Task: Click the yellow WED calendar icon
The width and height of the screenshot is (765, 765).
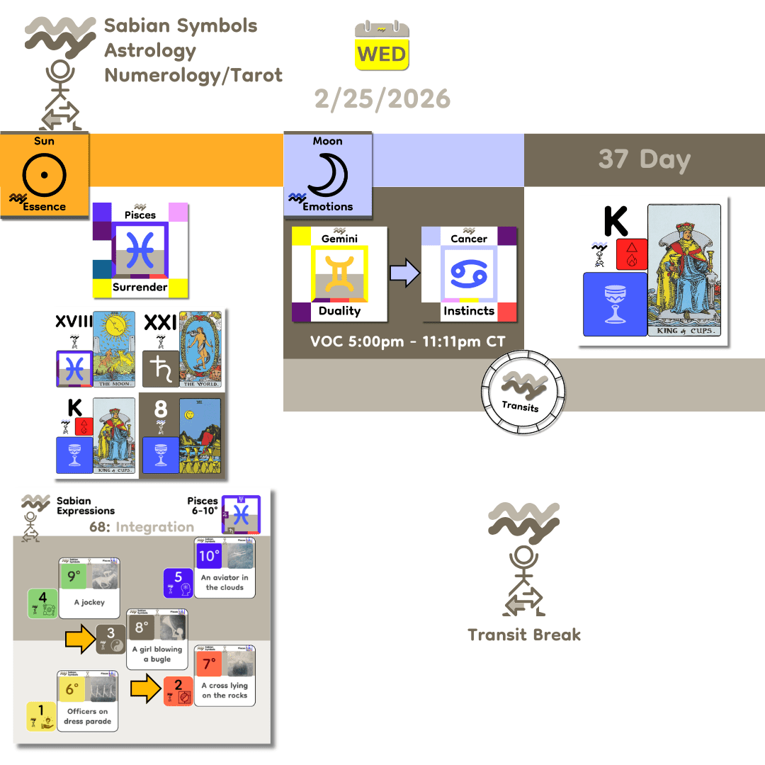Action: [382, 47]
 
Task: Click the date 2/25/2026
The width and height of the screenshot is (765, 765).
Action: [382, 98]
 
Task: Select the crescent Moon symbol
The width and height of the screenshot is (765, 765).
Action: [327, 175]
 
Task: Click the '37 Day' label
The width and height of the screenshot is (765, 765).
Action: [644, 159]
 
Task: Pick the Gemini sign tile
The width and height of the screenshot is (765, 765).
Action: [339, 273]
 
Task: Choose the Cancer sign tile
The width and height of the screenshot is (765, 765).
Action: [469, 273]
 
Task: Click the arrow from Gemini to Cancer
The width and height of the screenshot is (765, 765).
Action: [404, 274]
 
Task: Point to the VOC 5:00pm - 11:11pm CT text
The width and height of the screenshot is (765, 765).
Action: [407, 342]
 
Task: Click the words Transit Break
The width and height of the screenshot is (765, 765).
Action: [524, 635]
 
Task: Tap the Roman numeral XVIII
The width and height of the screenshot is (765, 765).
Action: [74, 322]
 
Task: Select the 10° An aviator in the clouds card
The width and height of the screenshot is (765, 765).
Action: [225, 567]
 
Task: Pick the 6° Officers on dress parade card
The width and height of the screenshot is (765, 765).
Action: [88, 701]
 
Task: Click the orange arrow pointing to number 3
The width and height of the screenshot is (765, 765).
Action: [80, 639]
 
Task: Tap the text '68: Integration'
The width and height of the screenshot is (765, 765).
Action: [142, 527]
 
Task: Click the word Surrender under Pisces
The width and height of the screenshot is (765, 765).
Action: [140, 287]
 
